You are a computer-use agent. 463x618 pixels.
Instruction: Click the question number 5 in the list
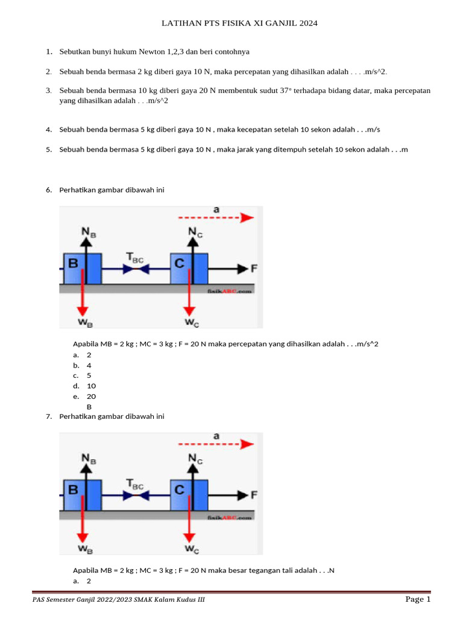click(x=48, y=149)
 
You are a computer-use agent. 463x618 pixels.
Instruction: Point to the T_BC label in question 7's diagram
click(x=134, y=485)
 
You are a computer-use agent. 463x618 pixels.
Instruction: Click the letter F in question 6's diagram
click(x=253, y=268)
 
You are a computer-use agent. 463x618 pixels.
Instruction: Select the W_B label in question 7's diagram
click(x=85, y=550)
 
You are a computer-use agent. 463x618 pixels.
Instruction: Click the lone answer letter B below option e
click(x=89, y=407)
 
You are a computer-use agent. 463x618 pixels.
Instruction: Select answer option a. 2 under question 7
click(x=88, y=581)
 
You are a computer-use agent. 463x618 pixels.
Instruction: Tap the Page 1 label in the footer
click(x=418, y=599)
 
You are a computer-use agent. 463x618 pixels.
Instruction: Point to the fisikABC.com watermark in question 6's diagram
click(x=230, y=290)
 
